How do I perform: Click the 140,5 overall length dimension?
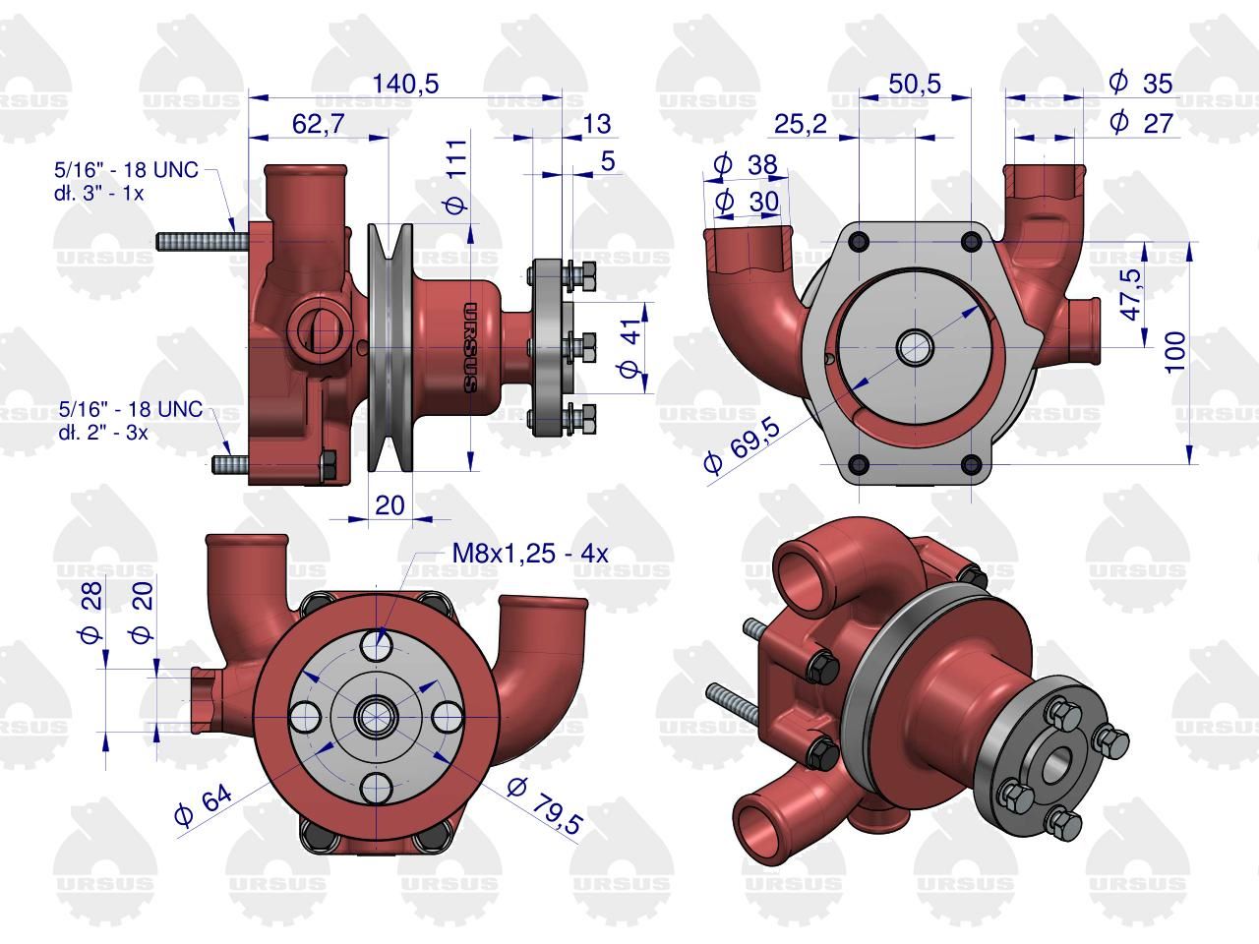pos(405,84)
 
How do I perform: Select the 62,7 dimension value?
pos(319,123)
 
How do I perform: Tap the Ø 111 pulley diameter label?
pos(457,177)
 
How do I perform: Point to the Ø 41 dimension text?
pos(630,347)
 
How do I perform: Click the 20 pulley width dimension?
pos(390,505)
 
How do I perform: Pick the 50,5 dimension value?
pos(915,84)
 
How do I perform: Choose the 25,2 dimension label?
pos(801,123)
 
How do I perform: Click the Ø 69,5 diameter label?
pos(742,445)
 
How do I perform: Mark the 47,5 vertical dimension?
pos(1130,295)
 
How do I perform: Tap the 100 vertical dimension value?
pos(1175,352)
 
